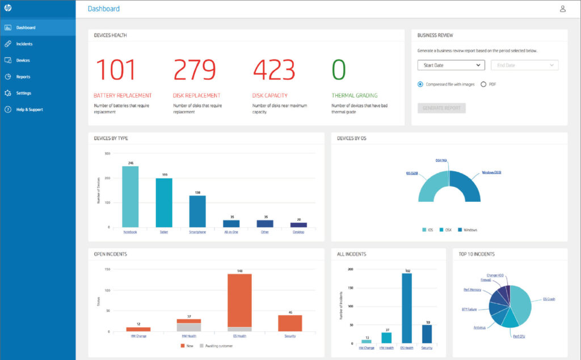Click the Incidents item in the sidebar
tap(24, 44)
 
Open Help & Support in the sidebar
tap(29, 109)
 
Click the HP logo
tap(8, 9)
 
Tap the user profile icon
tap(563, 9)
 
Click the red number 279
tap(195, 70)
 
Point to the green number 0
tap(339, 70)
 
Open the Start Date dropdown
tap(451, 65)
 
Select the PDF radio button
tap(483, 84)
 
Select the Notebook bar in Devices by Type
tap(130, 196)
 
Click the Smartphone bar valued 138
tap(197, 211)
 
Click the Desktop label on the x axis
tap(298, 232)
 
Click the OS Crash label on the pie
tap(549, 299)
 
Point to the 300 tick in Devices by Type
tap(107, 154)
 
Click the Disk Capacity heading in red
tap(270, 95)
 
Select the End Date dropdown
tap(524, 65)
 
